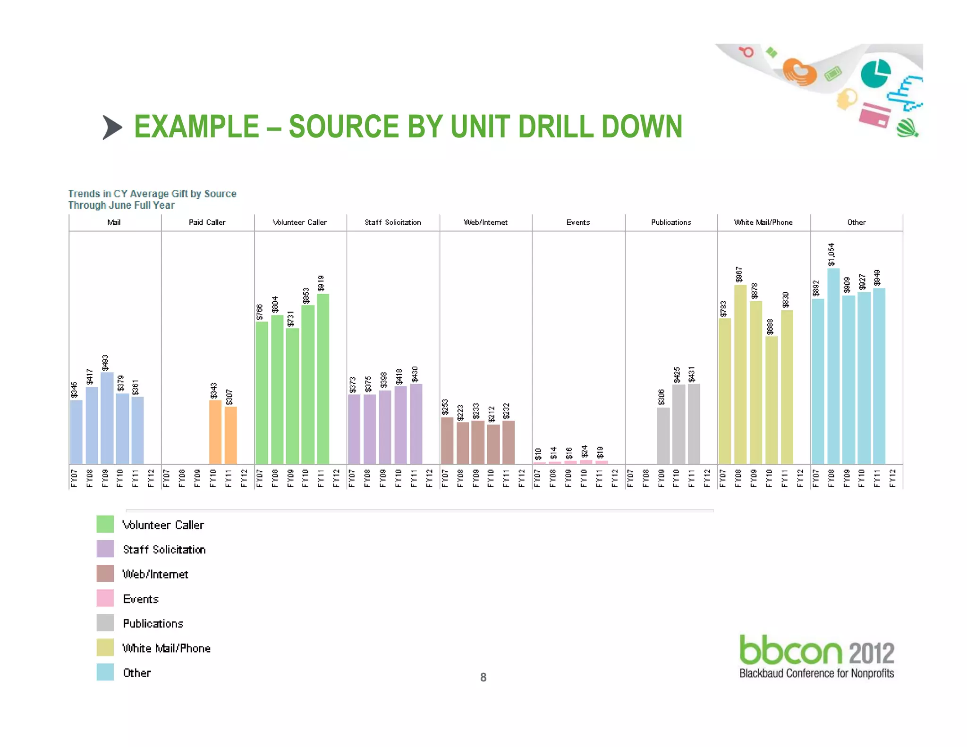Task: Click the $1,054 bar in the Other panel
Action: [x=833, y=366]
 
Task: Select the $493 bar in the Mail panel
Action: [x=107, y=418]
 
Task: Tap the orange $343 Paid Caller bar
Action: [x=215, y=432]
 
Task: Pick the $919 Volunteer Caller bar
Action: [x=323, y=379]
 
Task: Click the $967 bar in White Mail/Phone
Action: [x=740, y=374]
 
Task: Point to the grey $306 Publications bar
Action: [x=663, y=435]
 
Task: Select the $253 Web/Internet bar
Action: [x=447, y=441]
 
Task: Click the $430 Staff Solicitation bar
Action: [x=416, y=424]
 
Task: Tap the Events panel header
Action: [x=578, y=222]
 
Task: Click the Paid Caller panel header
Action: [x=207, y=222]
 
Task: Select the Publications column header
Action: [x=671, y=222]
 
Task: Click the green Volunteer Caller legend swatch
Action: [x=105, y=524]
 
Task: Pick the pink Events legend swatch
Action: [x=105, y=598]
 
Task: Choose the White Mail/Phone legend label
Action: [x=166, y=648]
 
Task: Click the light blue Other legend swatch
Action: [x=105, y=672]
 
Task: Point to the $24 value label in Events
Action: [x=585, y=451]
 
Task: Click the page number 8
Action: [x=483, y=678]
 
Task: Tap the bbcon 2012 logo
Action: [x=816, y=656]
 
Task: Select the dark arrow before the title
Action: [x=112, y=127]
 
